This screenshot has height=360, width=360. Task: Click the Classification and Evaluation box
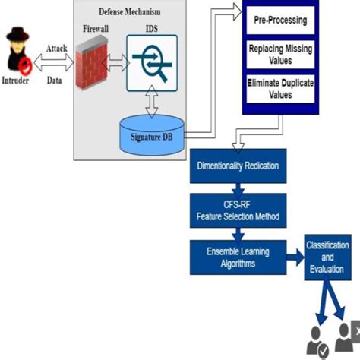tap(327, 257)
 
